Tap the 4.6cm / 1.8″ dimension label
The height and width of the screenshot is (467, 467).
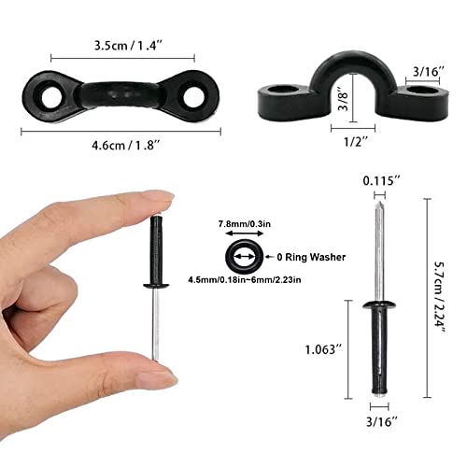click(x=119, y=147)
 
